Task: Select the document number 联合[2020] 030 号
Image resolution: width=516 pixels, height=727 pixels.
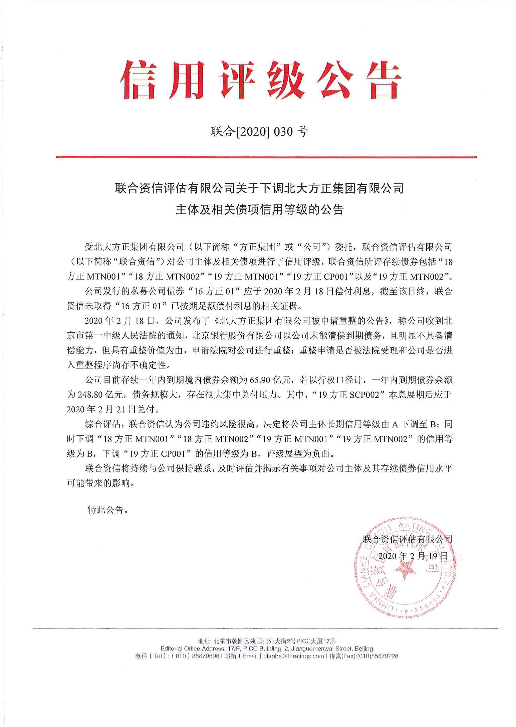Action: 259,131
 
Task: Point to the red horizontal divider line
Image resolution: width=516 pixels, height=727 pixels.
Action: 266,157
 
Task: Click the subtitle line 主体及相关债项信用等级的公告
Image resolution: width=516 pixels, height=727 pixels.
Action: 260,210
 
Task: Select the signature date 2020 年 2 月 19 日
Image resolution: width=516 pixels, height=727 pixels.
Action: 413,556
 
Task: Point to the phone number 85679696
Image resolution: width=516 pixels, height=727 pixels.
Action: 206,656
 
